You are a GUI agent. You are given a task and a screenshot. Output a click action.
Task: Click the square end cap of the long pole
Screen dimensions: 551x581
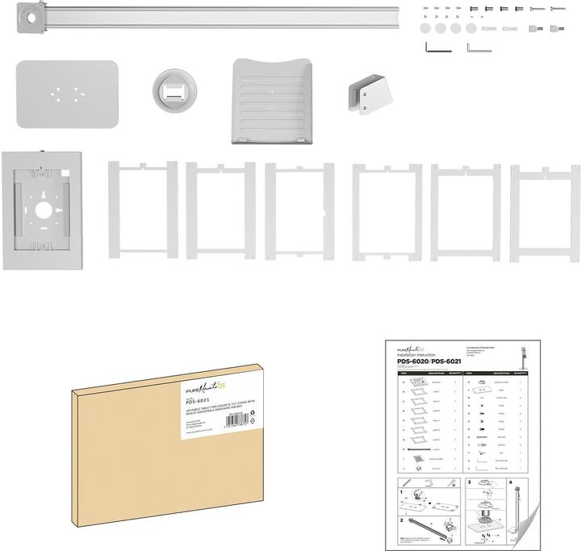pos(33,16)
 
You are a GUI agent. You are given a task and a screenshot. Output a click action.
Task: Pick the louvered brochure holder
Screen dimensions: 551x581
pos(270,101)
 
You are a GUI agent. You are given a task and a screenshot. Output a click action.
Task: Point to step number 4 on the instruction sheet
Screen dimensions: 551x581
pos(512,482)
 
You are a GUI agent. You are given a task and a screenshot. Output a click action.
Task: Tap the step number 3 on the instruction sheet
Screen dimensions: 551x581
pos(469,482)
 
